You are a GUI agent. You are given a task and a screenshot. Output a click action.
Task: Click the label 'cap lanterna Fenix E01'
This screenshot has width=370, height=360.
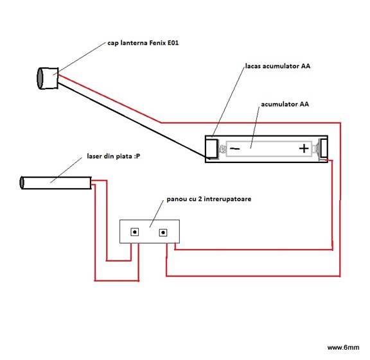143,43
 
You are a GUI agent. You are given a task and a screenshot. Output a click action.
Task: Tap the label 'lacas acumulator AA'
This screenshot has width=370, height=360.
277,66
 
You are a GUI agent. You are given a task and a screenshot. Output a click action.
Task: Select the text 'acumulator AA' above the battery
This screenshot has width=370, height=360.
285,104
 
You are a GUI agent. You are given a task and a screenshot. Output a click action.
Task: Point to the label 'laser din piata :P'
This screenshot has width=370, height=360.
114,156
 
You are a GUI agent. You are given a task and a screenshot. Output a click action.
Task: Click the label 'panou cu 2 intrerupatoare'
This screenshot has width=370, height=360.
209,199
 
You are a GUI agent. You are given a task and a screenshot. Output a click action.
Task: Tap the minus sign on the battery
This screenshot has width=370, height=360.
235,148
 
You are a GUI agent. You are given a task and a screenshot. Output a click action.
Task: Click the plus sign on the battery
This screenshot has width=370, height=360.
304,148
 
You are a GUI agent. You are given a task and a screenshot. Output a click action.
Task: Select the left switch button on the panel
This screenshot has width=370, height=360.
134,232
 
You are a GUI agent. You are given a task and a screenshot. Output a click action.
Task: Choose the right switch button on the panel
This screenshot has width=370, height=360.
163,233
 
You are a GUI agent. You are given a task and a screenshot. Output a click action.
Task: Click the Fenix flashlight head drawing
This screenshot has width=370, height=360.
48,78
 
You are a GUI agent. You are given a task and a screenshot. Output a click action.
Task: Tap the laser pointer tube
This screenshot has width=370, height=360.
56,183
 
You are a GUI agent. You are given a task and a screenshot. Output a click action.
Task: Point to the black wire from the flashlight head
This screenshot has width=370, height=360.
132,119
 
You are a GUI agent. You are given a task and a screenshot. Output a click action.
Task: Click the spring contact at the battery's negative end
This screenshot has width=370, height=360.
222,149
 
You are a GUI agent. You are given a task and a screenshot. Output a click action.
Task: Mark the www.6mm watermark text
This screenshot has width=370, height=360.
343,347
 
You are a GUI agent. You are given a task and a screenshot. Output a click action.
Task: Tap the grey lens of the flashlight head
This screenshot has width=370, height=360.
40,78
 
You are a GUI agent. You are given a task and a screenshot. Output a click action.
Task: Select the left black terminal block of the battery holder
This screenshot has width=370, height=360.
212,148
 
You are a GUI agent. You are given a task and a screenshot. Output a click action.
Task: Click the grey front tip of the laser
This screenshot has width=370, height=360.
22,183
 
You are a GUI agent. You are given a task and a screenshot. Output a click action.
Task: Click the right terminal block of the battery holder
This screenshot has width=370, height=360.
323,148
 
